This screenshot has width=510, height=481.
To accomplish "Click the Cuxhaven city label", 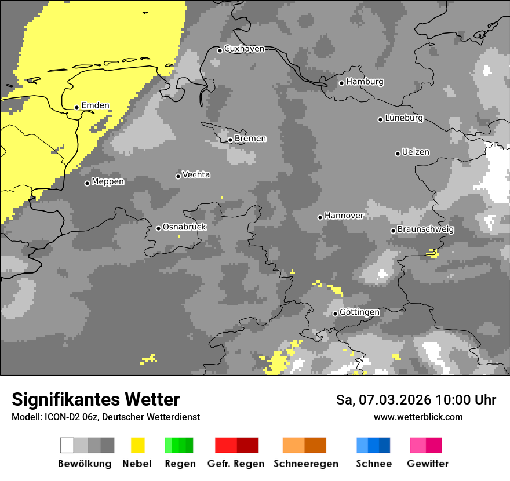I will [x=244, y=49].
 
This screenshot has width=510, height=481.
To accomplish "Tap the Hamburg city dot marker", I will [x=342, y=83].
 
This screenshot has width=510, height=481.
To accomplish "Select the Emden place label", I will [x=95, y=105].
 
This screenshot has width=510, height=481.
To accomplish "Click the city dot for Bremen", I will [x=230, y=140].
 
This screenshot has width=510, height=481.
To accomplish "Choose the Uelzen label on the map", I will [x=416, y=152].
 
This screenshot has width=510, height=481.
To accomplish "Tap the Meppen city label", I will [x=108, y=182].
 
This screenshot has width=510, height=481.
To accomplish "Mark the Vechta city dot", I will [x=178, y=176].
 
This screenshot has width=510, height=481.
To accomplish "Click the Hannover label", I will [x=344, y=216].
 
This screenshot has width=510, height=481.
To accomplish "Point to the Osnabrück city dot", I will [x=158, y=228].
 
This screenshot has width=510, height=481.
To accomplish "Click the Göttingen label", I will [x=359, y=312].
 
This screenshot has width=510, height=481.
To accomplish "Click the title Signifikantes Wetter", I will [x=96, y=400].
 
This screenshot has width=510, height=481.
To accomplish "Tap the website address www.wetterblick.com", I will [x=418, y=417].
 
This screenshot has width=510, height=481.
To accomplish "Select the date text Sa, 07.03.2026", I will [x=384, y=400].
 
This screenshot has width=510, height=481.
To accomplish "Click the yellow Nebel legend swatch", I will [x=137, y=445].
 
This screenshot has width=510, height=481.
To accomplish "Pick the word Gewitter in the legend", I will [x=428, y=464].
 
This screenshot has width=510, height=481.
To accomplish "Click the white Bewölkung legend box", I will [x=67, y=445].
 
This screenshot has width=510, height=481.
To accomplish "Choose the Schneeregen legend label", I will [x=305, y=464].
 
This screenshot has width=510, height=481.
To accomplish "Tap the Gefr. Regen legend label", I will [x=236, y=464].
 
